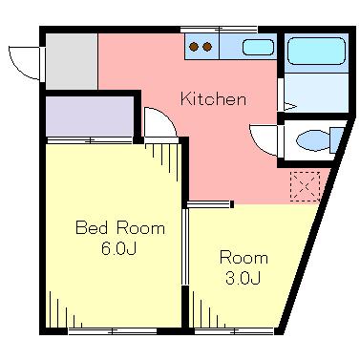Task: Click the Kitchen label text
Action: [x=213, y=98]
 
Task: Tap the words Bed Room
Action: [x=120, y=228]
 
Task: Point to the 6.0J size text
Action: [x=118, y=248]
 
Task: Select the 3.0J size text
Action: [x=244, y=278]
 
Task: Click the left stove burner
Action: [x=194, y=47]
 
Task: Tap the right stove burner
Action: [x=207, y=47]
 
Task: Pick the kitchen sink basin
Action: [x=258, y=47]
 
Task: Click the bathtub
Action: [x=316, y=51]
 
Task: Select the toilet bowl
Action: [x=313, y=140]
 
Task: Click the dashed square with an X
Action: [x=305, y=186]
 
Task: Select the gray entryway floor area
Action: [x=72, y=61]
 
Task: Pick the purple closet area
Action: [x=90, y=116]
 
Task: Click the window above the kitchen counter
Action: [x=219, y=30]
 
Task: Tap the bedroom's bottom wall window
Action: [x=113, y=331]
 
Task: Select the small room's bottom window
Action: [x=234, y=331]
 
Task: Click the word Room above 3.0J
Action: [x=244, y=258]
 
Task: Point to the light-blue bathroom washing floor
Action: [x=316, y=93]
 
